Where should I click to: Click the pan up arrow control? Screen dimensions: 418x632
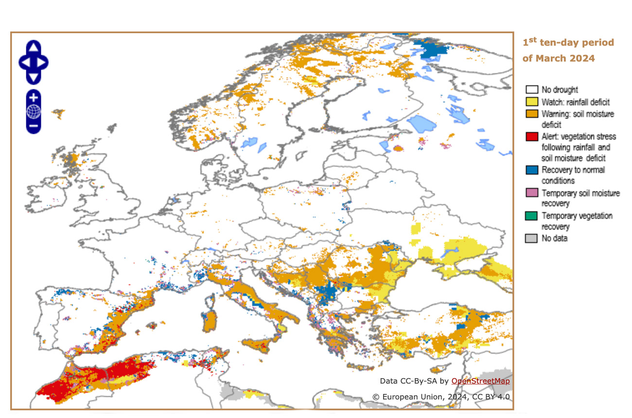click(34, 47)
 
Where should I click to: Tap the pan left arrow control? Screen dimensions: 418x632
click(24, 62)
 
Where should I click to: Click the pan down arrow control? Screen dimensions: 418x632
click(34, 77)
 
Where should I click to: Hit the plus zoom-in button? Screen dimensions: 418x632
click(34, 97)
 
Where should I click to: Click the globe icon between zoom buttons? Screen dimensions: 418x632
click(34, 112)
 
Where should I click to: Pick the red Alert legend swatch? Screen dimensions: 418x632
click(532, 137)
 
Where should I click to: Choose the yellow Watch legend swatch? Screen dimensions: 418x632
click(532, 102)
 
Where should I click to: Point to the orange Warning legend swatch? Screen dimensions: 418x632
click(532, 114)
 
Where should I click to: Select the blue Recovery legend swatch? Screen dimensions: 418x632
click(532, 170)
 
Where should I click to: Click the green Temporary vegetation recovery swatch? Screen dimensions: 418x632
click(532, 216)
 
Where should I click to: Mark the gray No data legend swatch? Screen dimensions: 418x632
click(532, 239)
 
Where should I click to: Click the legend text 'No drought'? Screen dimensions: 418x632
click(560, 90)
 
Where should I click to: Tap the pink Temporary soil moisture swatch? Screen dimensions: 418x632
click(532, 193)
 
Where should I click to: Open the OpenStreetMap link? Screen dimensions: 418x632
click(480, 381)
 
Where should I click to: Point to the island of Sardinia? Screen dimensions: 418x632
click(211, 321)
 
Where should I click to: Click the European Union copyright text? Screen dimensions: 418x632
click(441, 397)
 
